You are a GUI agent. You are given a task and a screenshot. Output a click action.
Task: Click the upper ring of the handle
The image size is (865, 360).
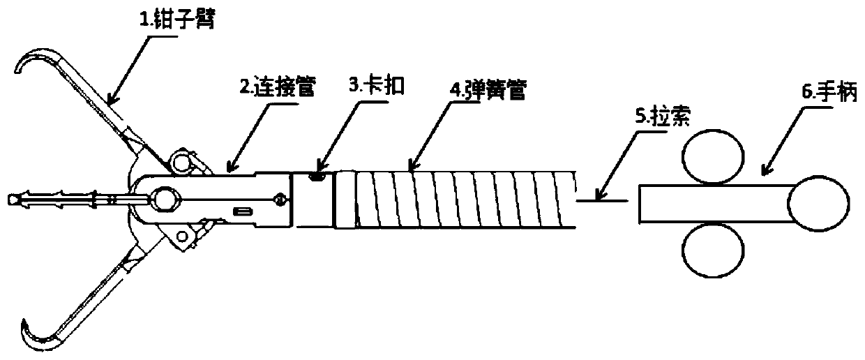[712, 159]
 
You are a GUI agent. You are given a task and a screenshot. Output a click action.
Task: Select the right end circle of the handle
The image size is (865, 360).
[815, 202]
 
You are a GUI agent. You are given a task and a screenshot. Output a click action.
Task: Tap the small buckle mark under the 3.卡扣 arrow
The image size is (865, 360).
[319, 177]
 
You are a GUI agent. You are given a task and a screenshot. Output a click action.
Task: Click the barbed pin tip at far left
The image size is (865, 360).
[12, 200]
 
